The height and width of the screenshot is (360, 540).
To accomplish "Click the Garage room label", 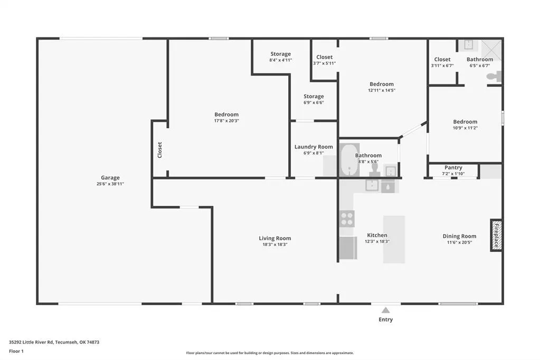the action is [x=110, y=178].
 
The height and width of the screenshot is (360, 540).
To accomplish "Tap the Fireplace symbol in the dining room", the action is [x=496, y=235].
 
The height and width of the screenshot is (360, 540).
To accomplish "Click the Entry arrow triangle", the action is [x=386, y=310].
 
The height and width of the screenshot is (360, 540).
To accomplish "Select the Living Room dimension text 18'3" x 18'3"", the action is [x=275, y=244].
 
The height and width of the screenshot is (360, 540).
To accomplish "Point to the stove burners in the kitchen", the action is [x=347, y=219].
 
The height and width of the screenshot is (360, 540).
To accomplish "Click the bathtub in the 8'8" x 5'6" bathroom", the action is [x=350, y=160].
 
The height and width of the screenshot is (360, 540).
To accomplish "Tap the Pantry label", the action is [x=453, y=167].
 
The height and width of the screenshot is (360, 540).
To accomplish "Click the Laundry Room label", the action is [x=314, y=147].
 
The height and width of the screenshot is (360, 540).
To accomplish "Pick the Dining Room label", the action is [x=459, y=236].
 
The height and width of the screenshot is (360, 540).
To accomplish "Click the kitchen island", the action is [x=394, y=240].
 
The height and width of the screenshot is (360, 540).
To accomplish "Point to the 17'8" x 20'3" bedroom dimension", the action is [x=226, y=121].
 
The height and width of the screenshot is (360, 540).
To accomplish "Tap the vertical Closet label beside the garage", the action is [x=160, y=150].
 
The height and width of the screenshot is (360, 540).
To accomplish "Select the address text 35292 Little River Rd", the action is [x=31, y=342].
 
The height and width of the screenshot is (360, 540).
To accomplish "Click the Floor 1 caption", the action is [x=16, y=352].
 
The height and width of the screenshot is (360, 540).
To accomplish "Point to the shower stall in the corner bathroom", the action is [x=491, y=50].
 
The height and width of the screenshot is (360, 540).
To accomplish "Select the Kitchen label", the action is [x=377, y=235].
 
